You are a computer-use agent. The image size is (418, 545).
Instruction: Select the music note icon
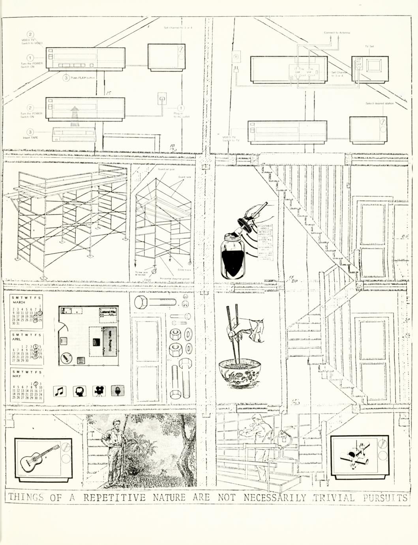(59, 391)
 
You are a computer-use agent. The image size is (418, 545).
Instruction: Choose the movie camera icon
(99, 391)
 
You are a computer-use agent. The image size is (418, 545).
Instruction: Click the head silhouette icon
(79, 391)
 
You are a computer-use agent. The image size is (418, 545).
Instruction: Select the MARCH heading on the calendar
(19, 302)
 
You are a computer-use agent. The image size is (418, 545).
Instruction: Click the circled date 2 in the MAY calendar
(36, 383)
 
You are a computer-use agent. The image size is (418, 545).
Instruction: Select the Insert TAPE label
(30, 138)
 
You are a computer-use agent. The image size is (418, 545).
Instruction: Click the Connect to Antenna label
(337, 33)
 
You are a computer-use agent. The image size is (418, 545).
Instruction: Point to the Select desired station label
(379, 103)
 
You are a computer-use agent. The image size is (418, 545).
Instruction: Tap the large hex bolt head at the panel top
(141, 303)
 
